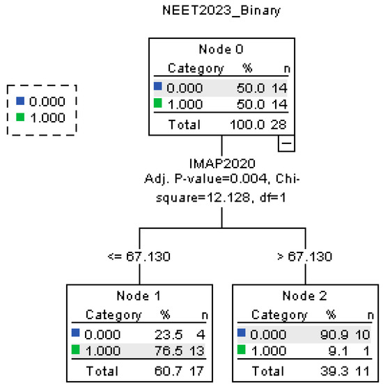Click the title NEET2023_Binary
[x=220, y=13]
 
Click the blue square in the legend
[x=20, y=102]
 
